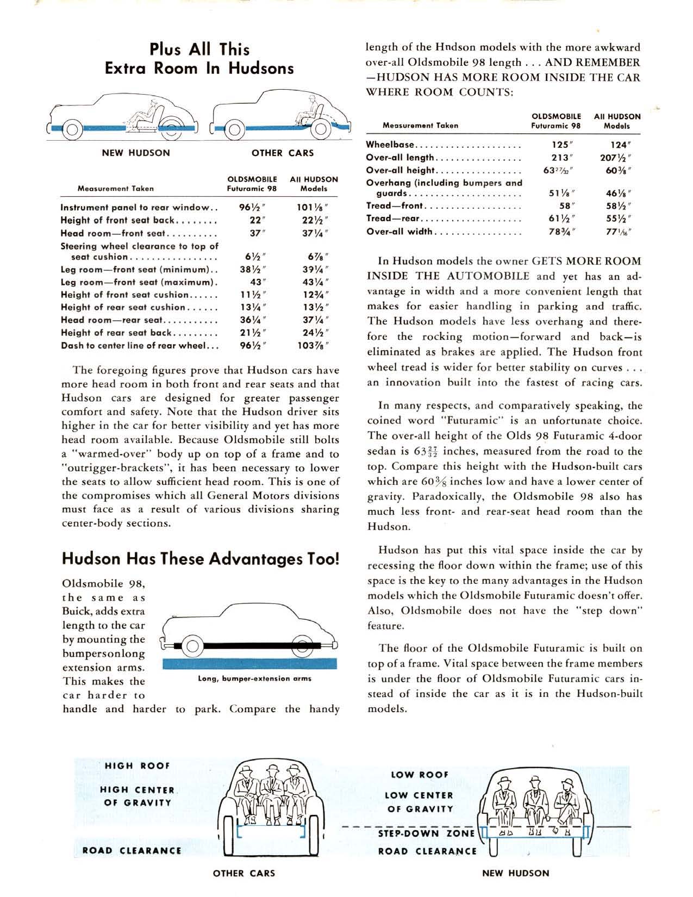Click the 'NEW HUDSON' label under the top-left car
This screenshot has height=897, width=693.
click(x=136, y=153)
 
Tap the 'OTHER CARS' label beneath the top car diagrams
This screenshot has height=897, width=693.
click(x=283, y=153)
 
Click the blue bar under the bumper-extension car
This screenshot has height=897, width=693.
click(x=249, y=663)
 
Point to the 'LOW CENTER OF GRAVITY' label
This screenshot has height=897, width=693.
click(x=419, y=802)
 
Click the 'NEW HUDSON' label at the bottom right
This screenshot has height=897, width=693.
click(x=516, y=873)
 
